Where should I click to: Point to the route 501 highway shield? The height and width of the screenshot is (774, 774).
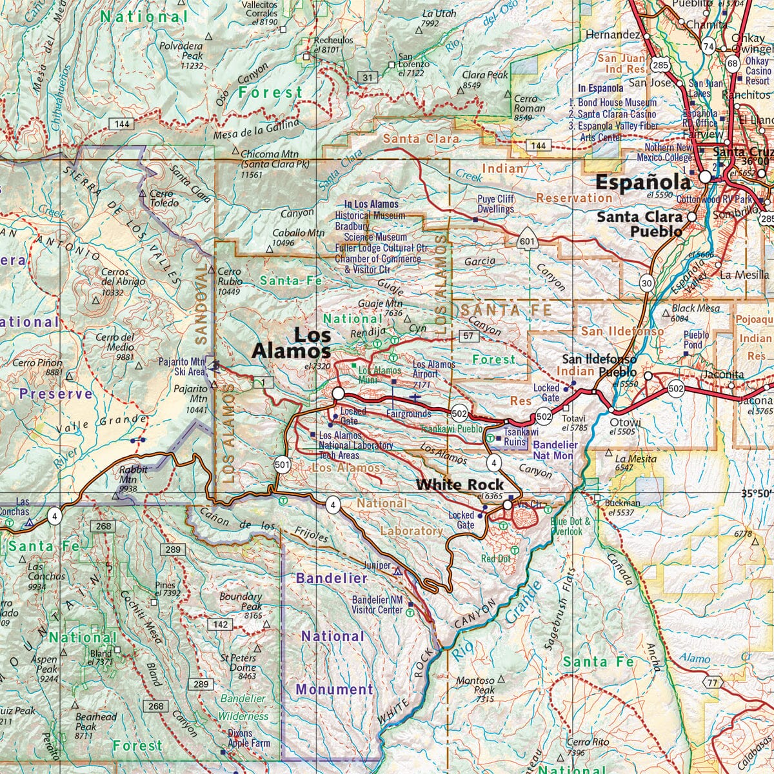tap(281, 463)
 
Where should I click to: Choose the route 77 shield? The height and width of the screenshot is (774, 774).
tap(711, 683)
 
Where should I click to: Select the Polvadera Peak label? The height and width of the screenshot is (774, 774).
tap(183, 52)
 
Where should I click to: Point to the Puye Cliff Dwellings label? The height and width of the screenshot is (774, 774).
tap(495, 204)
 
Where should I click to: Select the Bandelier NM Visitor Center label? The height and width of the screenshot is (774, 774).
tap(377, 604)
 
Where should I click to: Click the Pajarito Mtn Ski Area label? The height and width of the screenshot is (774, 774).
tap(181, 366)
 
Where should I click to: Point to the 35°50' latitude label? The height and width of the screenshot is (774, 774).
tap(755, 493)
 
